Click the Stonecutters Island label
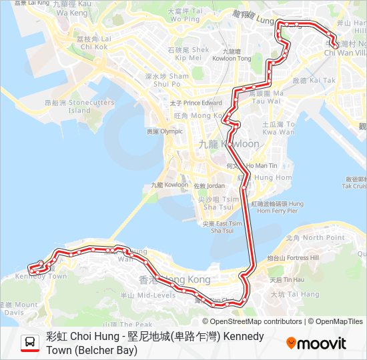[x=69, y=107]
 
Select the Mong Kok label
[x=190, y=116]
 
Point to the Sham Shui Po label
[x=167, y=80]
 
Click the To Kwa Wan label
[x=278, y=128]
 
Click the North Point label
[x=314, y=237]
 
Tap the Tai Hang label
[x=295, y=294]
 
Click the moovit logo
[x=316, y=343]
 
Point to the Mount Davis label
[x=16, y=308]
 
